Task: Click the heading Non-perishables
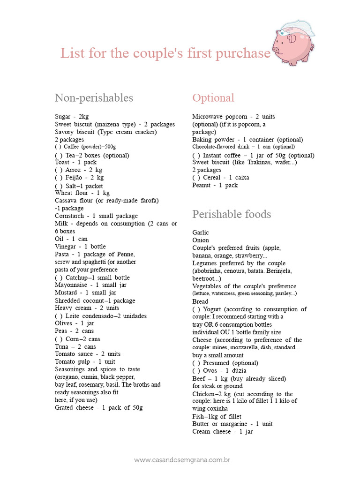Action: click(x=94, y=98)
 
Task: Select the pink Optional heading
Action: click(x=213, y=98)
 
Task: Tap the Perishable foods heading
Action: click(x=232, y=214)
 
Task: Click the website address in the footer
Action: click(x=182, y=460)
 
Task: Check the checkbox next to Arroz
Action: click(x=59, y=170)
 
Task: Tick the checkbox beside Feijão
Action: click(x=59, y=178)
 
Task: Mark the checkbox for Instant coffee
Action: click(x=196, y=156)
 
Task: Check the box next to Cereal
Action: click(x=196, y=178)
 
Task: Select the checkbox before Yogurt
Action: click(x=196, y=309)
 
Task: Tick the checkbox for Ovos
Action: click(x=196, y=371)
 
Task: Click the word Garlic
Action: click(x=201, y=232)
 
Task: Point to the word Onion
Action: click(x=201, y=240)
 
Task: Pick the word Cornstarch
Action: click(x=69, y=216)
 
